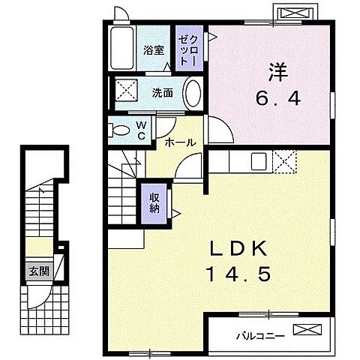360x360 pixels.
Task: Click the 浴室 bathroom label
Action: [x=154, y=51]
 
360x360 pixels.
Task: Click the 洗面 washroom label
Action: [x=162, y=94]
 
